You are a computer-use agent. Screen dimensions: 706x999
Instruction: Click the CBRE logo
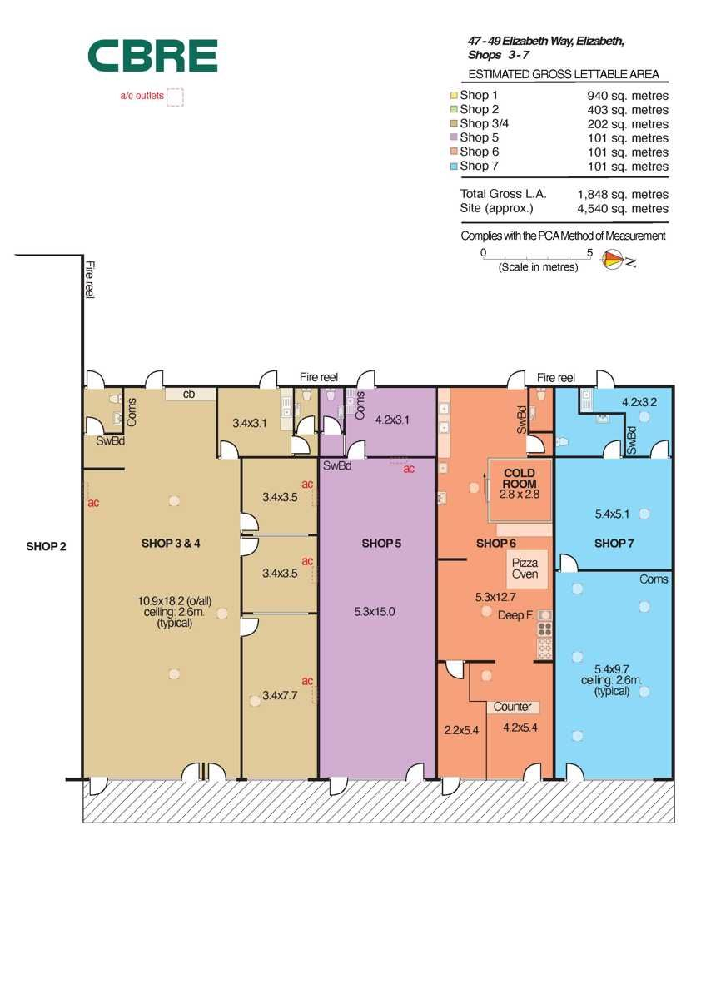[152, 56]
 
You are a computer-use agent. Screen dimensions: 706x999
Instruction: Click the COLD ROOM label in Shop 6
[520, 478]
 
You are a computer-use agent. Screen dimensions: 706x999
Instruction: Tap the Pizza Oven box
[527, 569]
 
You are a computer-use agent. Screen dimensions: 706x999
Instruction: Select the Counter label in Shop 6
[513, 707]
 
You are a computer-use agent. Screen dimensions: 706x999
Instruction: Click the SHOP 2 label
[46, 546]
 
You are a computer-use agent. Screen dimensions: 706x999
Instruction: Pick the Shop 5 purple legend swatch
[454, 137]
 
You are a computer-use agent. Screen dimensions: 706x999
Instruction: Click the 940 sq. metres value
[628, 96]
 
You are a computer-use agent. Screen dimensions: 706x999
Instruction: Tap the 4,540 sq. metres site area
[623, 208]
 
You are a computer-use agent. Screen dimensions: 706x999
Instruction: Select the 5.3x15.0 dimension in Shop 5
[375, 611]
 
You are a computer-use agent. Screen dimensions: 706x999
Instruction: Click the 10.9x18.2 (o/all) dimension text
[174, 601]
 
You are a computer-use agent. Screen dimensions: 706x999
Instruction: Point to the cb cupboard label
[189, 394]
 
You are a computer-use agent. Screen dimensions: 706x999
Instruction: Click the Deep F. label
[515, 615]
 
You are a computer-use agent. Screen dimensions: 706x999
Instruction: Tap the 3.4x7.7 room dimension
[280, 695]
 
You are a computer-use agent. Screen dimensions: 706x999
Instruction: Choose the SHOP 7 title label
[614, 543]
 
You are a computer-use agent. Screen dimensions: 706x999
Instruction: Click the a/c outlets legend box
[175, 97]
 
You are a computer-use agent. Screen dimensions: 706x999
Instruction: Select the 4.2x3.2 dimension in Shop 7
[639, 402]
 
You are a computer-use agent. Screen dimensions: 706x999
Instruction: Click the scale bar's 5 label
[589, 253]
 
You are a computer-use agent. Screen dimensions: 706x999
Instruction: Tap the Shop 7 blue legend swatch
[454, 166]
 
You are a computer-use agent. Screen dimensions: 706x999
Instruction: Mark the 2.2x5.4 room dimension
[461, 730]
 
